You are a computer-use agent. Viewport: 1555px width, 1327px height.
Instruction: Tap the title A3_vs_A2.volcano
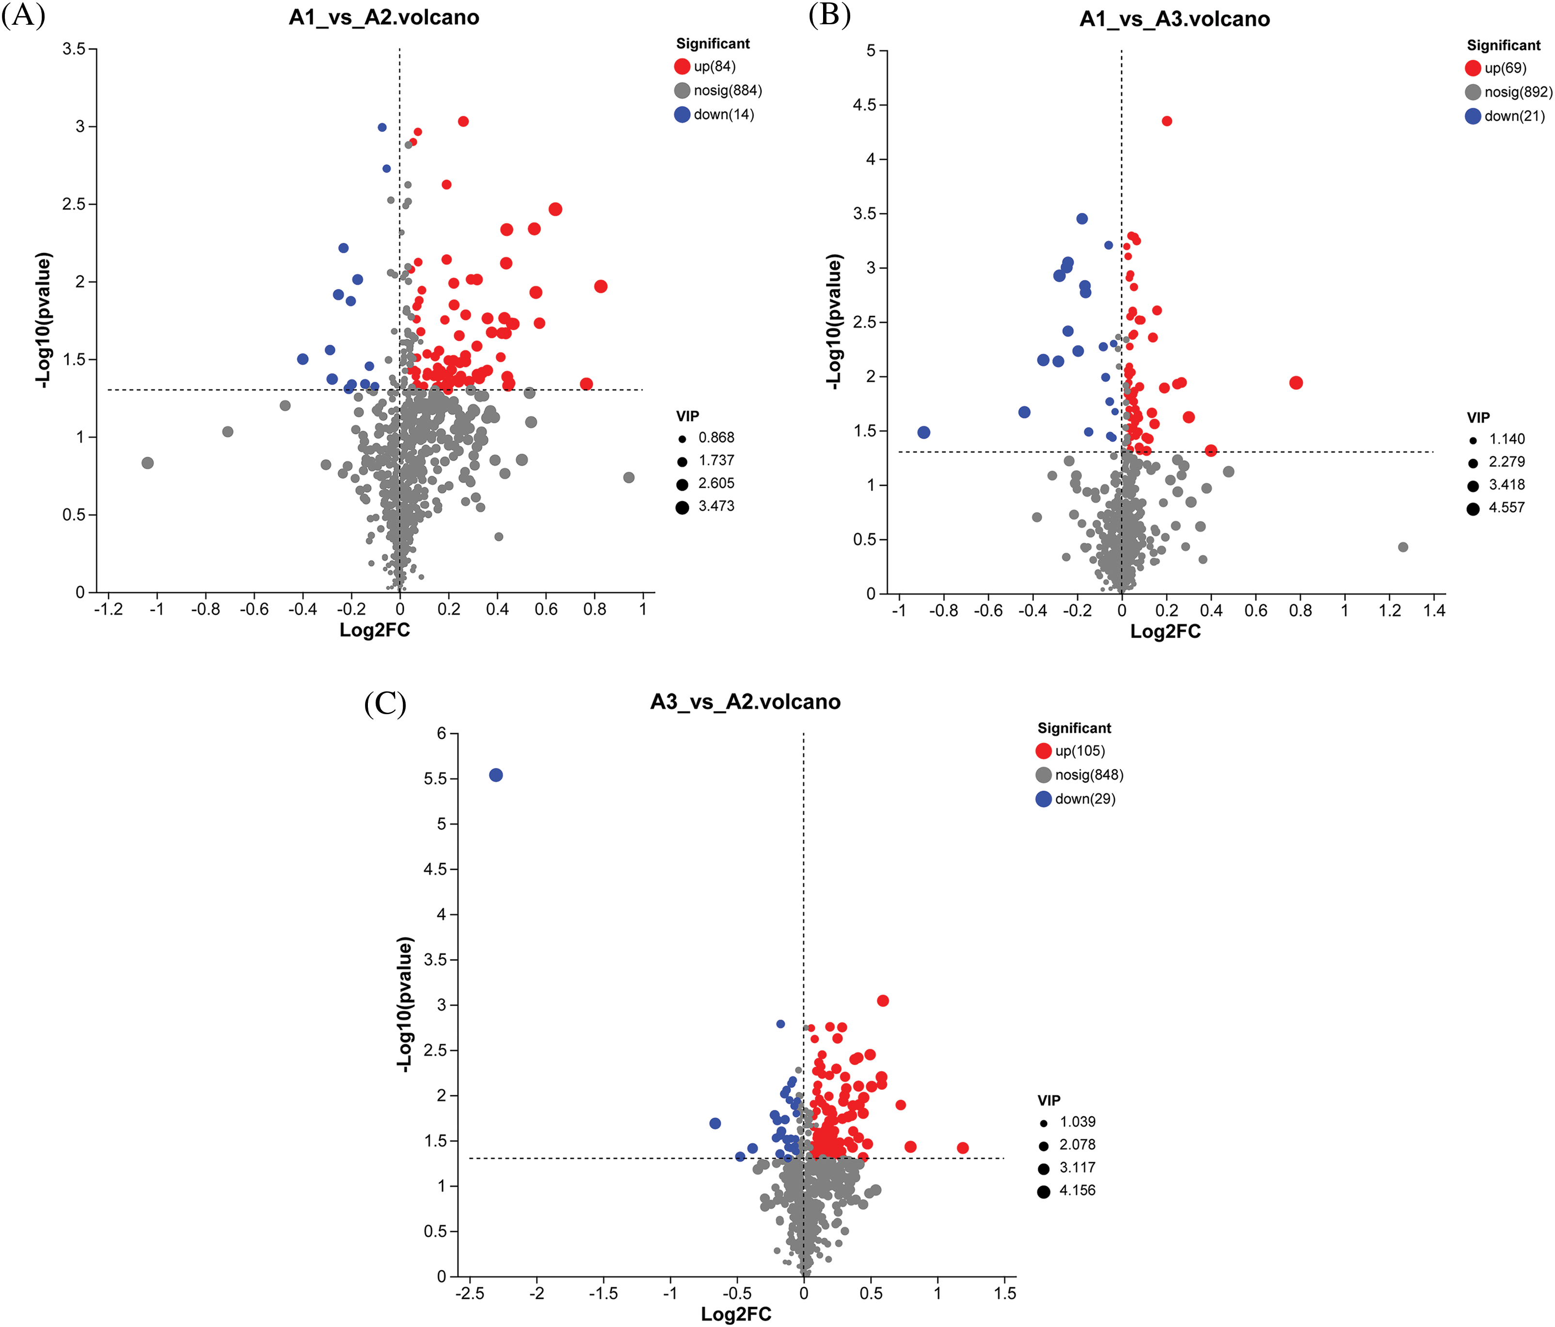pyautogui.click(x=745, y=702)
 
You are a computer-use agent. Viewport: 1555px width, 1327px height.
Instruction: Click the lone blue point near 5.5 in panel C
pyautogui.click(x=496, y=775)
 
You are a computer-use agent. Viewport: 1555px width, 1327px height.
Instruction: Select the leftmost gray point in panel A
pyautogui.click(x=148, y=463)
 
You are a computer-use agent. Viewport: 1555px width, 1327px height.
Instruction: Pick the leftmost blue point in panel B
pyautogui.click(x=924, y=432)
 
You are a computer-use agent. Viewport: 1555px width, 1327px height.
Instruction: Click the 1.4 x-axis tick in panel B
pyautogui.click(x=1433, y=610)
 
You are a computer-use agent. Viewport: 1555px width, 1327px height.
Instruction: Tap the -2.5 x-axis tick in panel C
pyautogui.click(x=470, y=1293)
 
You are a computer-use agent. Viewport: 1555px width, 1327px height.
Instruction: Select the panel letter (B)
pyautogui.click(x=829, y=15)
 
